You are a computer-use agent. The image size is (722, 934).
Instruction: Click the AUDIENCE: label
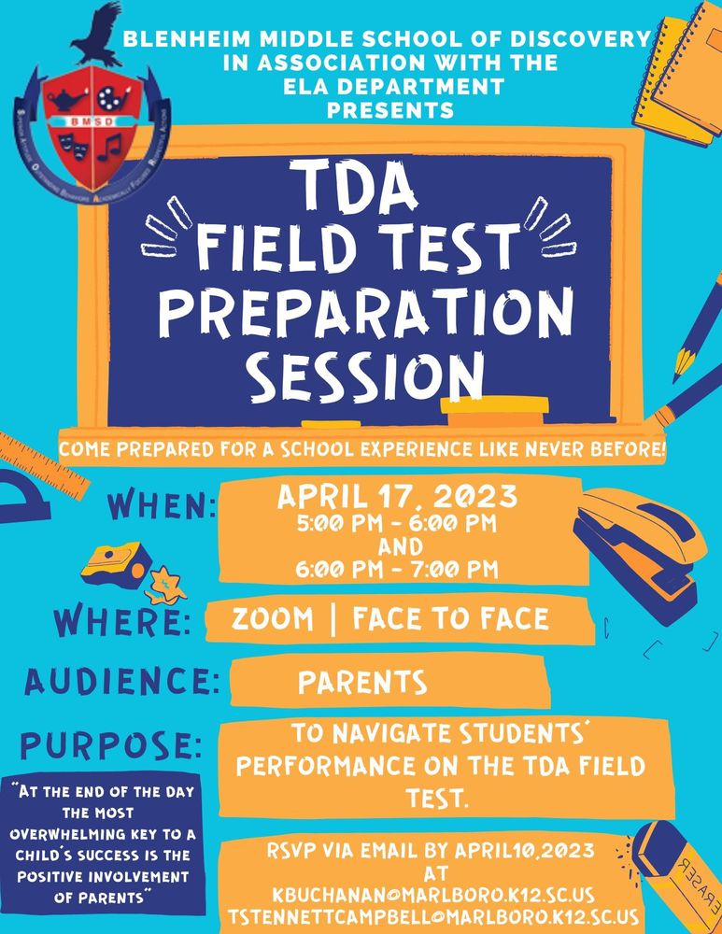(122, 681)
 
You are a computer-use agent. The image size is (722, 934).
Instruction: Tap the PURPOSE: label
(111, 746)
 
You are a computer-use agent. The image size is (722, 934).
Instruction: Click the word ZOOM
(272, 619)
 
